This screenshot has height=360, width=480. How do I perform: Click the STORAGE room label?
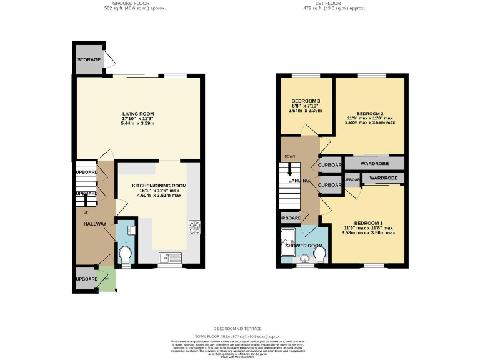click(x=89, y=60)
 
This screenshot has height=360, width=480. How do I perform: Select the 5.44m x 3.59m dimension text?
click(x=137, y=124)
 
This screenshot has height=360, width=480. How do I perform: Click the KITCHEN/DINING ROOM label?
click(x=159, y=186)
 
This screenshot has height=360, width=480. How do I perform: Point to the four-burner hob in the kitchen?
click(x=194, y=227)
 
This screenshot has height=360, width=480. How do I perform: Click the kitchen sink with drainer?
click(x=170, y=257)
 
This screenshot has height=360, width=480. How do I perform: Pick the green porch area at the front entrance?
click(x=107, y=279)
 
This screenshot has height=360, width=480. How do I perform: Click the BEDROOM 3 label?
click(x=306, y=101)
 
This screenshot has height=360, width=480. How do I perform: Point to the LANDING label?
click(x=299, y=181)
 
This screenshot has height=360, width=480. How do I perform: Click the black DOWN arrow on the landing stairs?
click(x=289, y=169)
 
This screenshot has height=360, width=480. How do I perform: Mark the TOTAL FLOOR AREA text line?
click(x=240, y=336)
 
